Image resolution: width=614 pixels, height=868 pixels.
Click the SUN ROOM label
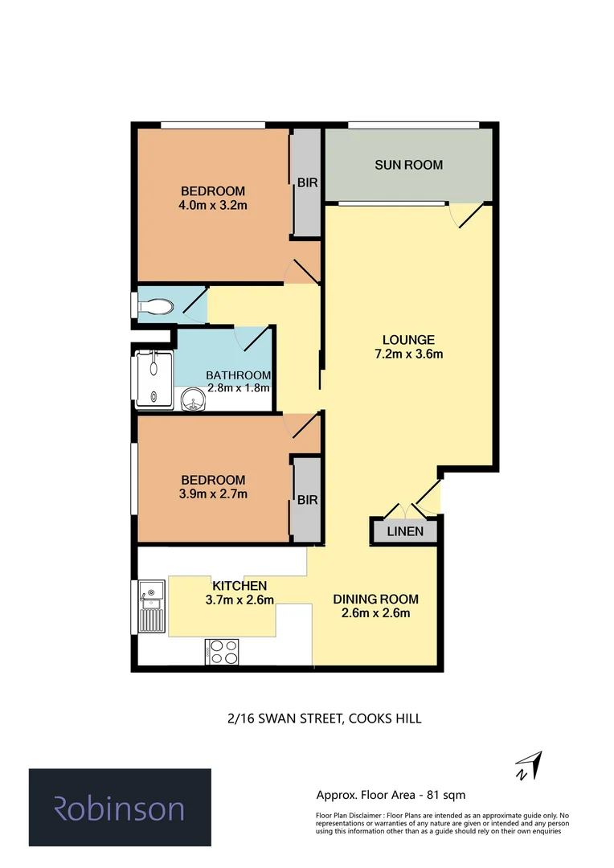(x=408, y=166)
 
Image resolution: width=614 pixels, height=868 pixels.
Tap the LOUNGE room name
(x=408, y=339)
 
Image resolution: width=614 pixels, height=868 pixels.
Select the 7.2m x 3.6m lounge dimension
(x=408, y=354)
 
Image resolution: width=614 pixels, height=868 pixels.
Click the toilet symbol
(x=157, y=306)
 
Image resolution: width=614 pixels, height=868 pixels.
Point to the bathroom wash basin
(x=193, y=399)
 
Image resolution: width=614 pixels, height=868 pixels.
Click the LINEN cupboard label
(x=405, y=532)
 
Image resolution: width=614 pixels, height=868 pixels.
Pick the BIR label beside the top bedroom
(x=307, y=183)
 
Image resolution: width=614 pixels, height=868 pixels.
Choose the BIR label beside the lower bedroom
(x=307, y=500)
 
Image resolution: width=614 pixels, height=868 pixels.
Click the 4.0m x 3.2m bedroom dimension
(x=212, y=206)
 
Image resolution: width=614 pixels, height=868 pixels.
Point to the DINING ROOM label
(x=376, y=600)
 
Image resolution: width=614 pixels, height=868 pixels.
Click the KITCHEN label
(x=239, y=586)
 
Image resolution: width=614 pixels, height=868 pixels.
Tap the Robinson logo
(x=120, y=808)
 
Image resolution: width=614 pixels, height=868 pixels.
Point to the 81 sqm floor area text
(x=391, y=795)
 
